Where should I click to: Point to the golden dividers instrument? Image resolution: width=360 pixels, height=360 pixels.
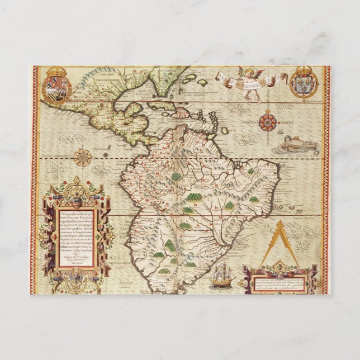tap(280, 246)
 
